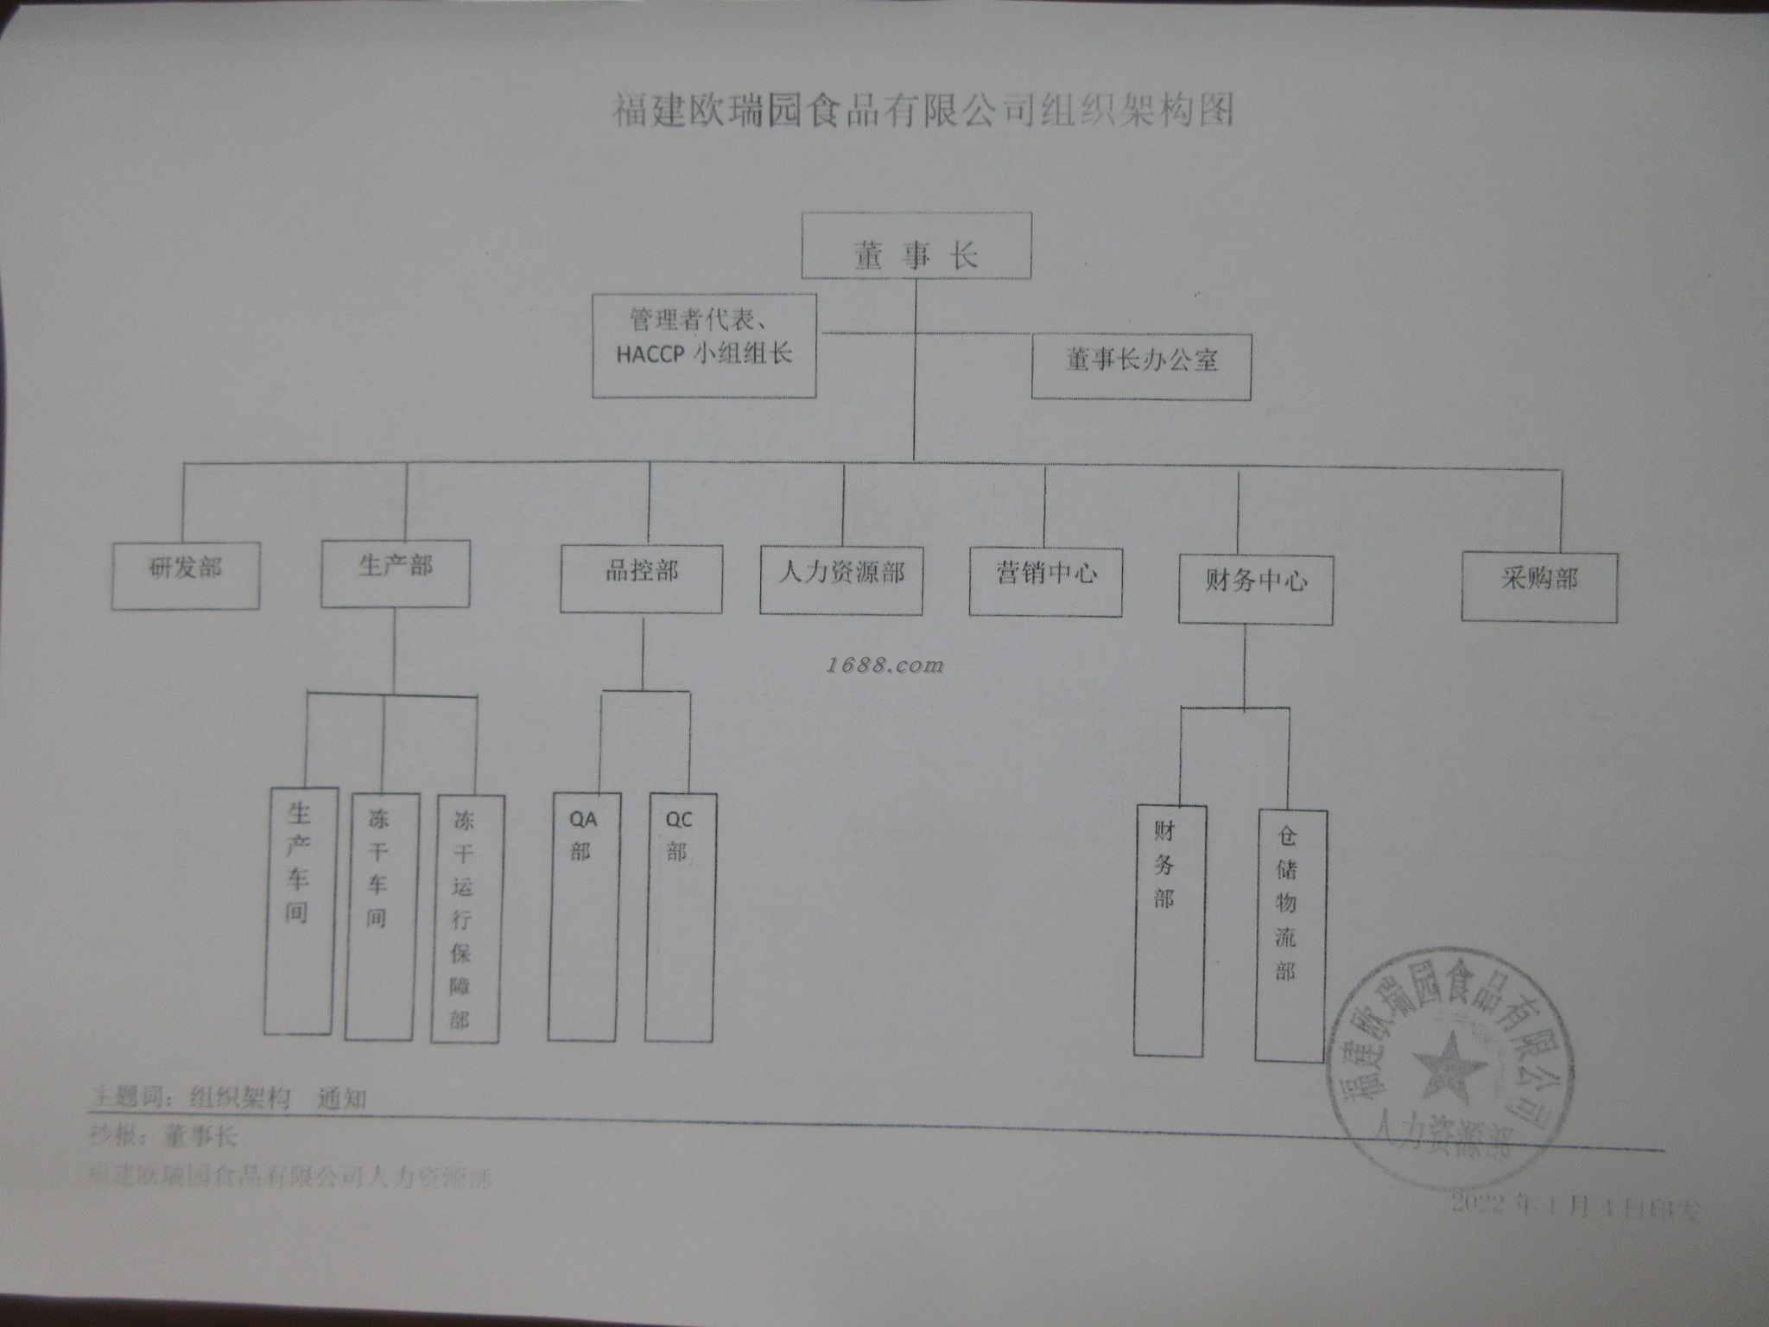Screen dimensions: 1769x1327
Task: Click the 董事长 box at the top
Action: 916,246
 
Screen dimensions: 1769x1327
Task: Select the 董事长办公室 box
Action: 1141,366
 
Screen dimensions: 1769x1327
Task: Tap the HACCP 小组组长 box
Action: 704,346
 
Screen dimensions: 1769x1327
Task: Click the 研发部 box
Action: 185,575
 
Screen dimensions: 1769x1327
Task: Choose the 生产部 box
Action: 396,574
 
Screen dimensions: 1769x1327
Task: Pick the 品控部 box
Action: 641,578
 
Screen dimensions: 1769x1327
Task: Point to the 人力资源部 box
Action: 840,580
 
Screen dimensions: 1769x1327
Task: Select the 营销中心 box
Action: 1045,581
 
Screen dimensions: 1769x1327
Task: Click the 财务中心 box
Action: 1255,589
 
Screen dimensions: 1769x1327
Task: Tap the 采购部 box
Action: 1538,587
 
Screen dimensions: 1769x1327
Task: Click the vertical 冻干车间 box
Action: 380,916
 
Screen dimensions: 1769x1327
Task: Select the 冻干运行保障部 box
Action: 466,918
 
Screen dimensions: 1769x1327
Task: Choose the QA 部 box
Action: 583,917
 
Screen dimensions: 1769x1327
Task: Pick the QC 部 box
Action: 680,917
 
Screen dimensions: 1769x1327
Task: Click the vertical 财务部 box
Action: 1169,930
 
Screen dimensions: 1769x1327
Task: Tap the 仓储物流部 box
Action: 1290,935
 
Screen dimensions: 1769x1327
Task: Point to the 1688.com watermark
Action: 884,665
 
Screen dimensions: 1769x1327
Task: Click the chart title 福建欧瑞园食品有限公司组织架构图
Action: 923,111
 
